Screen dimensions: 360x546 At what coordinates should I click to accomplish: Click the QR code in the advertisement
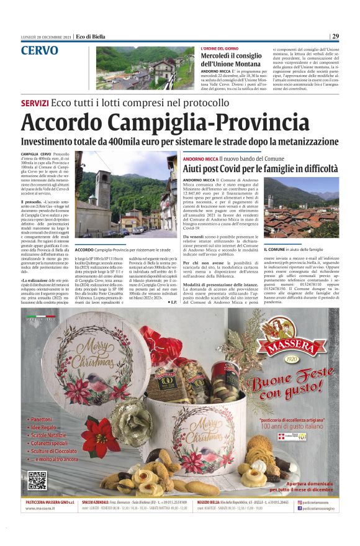click(x=37, y=480)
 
